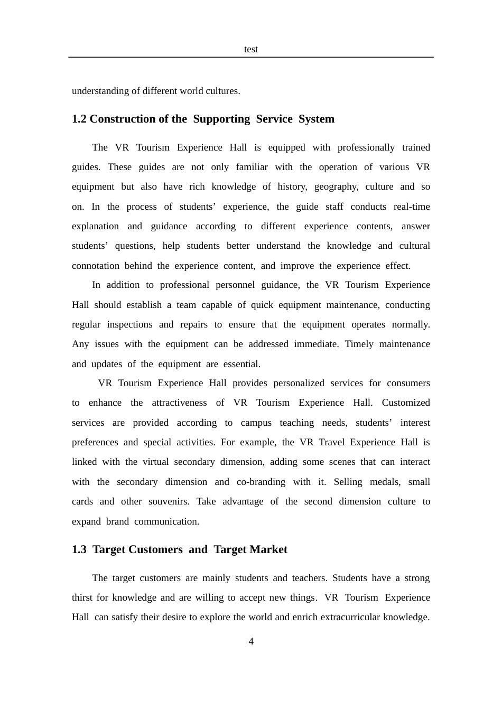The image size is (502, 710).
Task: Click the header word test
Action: tap(251, 50)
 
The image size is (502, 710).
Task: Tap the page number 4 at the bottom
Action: tap(251, 642)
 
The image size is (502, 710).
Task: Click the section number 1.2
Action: tap(79, 119)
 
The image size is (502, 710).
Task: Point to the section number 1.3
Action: tap(79, 550)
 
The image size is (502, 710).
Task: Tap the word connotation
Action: tap(96, 266)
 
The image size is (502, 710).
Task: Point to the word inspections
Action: tap(129, 324)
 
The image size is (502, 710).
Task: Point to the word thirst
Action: tap(82, 598)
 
